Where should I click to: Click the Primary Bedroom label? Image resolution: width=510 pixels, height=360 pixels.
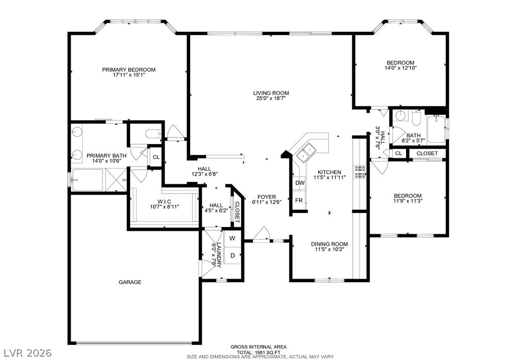tap(129, 70)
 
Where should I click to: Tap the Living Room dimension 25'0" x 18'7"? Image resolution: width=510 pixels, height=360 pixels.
tap(271, 98)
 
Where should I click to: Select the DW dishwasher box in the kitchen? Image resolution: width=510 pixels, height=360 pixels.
tap(300, 183)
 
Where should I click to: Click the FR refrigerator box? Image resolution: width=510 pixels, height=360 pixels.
tap(299, 200)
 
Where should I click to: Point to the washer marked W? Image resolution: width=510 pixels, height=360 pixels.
tap(233, 239)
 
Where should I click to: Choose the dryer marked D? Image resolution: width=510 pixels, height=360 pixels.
tap(233, 255)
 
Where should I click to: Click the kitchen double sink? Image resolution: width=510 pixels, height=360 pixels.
tap(305, 153)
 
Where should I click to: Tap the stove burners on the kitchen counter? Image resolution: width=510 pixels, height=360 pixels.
tap(360, 172)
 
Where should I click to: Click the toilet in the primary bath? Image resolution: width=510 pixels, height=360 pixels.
tap(153, 134)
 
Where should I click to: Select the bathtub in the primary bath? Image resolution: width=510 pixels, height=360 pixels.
tap(87, 180)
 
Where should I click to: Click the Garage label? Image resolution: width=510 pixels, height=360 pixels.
tap(130, 282)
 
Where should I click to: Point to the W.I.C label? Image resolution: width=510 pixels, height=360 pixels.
tap(165, 202)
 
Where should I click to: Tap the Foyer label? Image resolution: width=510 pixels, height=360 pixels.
tap(267, 197)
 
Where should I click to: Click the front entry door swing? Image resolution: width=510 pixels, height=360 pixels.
tap(261, 234)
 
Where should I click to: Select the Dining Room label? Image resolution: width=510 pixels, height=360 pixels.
tap(330, 244)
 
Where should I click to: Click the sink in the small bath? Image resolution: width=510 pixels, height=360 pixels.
tap(399, 116)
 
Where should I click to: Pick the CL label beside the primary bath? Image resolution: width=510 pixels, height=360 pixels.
tap(156, 157)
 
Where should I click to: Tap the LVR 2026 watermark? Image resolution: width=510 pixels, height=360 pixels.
tap(28, 353)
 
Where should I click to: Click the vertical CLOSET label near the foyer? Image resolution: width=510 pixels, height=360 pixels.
tap(237, 212)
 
